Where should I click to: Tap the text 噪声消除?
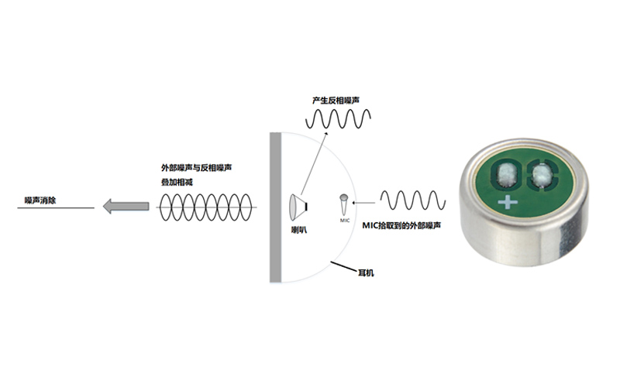point(40,200)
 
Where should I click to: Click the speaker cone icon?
point(297,205)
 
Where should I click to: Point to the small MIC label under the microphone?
point(345,221)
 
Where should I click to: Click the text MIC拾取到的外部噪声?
point(403,225)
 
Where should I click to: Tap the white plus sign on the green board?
point(508,204)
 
